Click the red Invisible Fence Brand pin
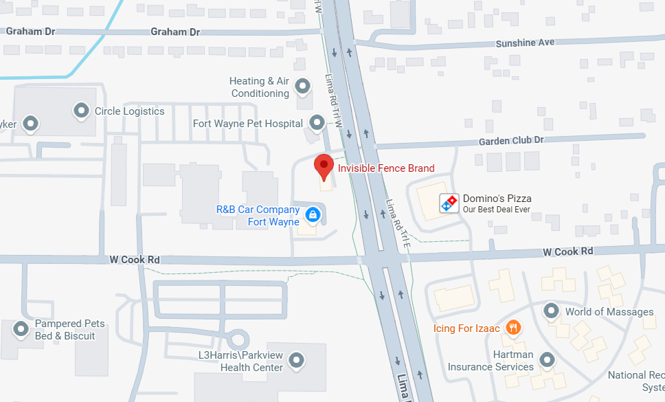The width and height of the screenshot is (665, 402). [x=324, y=165]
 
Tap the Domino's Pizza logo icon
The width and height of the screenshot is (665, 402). [x=449, y=203]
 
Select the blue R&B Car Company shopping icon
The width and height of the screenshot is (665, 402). [x=313, y=215]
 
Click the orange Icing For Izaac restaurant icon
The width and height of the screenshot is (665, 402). [x=512, y=327]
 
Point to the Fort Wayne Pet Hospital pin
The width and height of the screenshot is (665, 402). [x=317, y=123]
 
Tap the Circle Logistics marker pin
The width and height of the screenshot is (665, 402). [x=82, y=110]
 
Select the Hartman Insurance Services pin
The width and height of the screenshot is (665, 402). [x=548, y=359]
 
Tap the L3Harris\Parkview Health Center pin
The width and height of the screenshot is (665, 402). [x=296, y=359]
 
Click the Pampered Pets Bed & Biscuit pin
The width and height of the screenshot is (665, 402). [x=21, y=328]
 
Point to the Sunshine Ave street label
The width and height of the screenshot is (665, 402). [x=526, y=43]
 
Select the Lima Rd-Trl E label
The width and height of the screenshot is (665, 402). [x=398, y=223]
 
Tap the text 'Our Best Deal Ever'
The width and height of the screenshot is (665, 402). [x=496, y=210]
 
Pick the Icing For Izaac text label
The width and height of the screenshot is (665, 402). [x=467, y=328]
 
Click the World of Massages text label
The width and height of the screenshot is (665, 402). [x=609, y=312]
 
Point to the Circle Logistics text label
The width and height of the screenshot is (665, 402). [x=129, y=111]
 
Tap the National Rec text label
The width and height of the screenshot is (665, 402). [x=636, y=375]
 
